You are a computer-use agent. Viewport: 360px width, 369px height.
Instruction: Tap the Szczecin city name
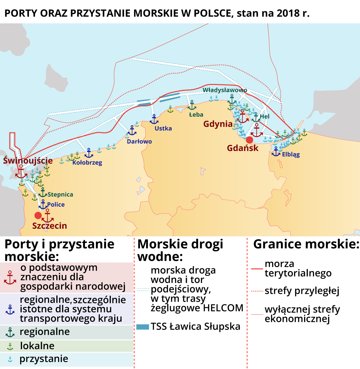point(49,226)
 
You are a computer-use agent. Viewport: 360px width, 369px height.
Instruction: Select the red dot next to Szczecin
point(38,215)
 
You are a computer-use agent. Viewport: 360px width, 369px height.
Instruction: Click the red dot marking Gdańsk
point(250,140)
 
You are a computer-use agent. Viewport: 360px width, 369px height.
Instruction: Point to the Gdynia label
point(218,124)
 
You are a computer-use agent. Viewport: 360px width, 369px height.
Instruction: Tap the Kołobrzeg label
point(87,163)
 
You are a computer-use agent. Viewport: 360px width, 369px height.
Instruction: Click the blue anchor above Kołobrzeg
point(89,153)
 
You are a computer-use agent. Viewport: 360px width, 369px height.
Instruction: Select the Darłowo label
point(139,142)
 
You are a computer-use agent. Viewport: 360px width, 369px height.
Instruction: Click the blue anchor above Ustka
point(154,120)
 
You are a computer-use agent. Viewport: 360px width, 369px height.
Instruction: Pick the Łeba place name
point(196,115)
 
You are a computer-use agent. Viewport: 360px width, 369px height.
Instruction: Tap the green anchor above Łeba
point(192,106)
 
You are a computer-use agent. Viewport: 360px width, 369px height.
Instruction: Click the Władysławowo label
point(225,90)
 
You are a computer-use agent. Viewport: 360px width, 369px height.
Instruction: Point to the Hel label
point(265,116)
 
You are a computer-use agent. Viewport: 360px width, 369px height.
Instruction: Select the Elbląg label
point(291,154)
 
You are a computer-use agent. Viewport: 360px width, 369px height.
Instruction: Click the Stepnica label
point(60,195)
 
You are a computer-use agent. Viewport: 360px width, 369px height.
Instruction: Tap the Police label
point(56,204)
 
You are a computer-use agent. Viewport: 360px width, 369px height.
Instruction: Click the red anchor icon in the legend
point(10,278)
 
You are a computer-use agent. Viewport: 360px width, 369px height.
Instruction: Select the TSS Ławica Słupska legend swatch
point(142,327)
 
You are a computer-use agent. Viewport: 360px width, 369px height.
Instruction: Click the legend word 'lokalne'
point(37,346)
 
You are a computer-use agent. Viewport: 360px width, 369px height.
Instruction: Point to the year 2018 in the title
point(288,13)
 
